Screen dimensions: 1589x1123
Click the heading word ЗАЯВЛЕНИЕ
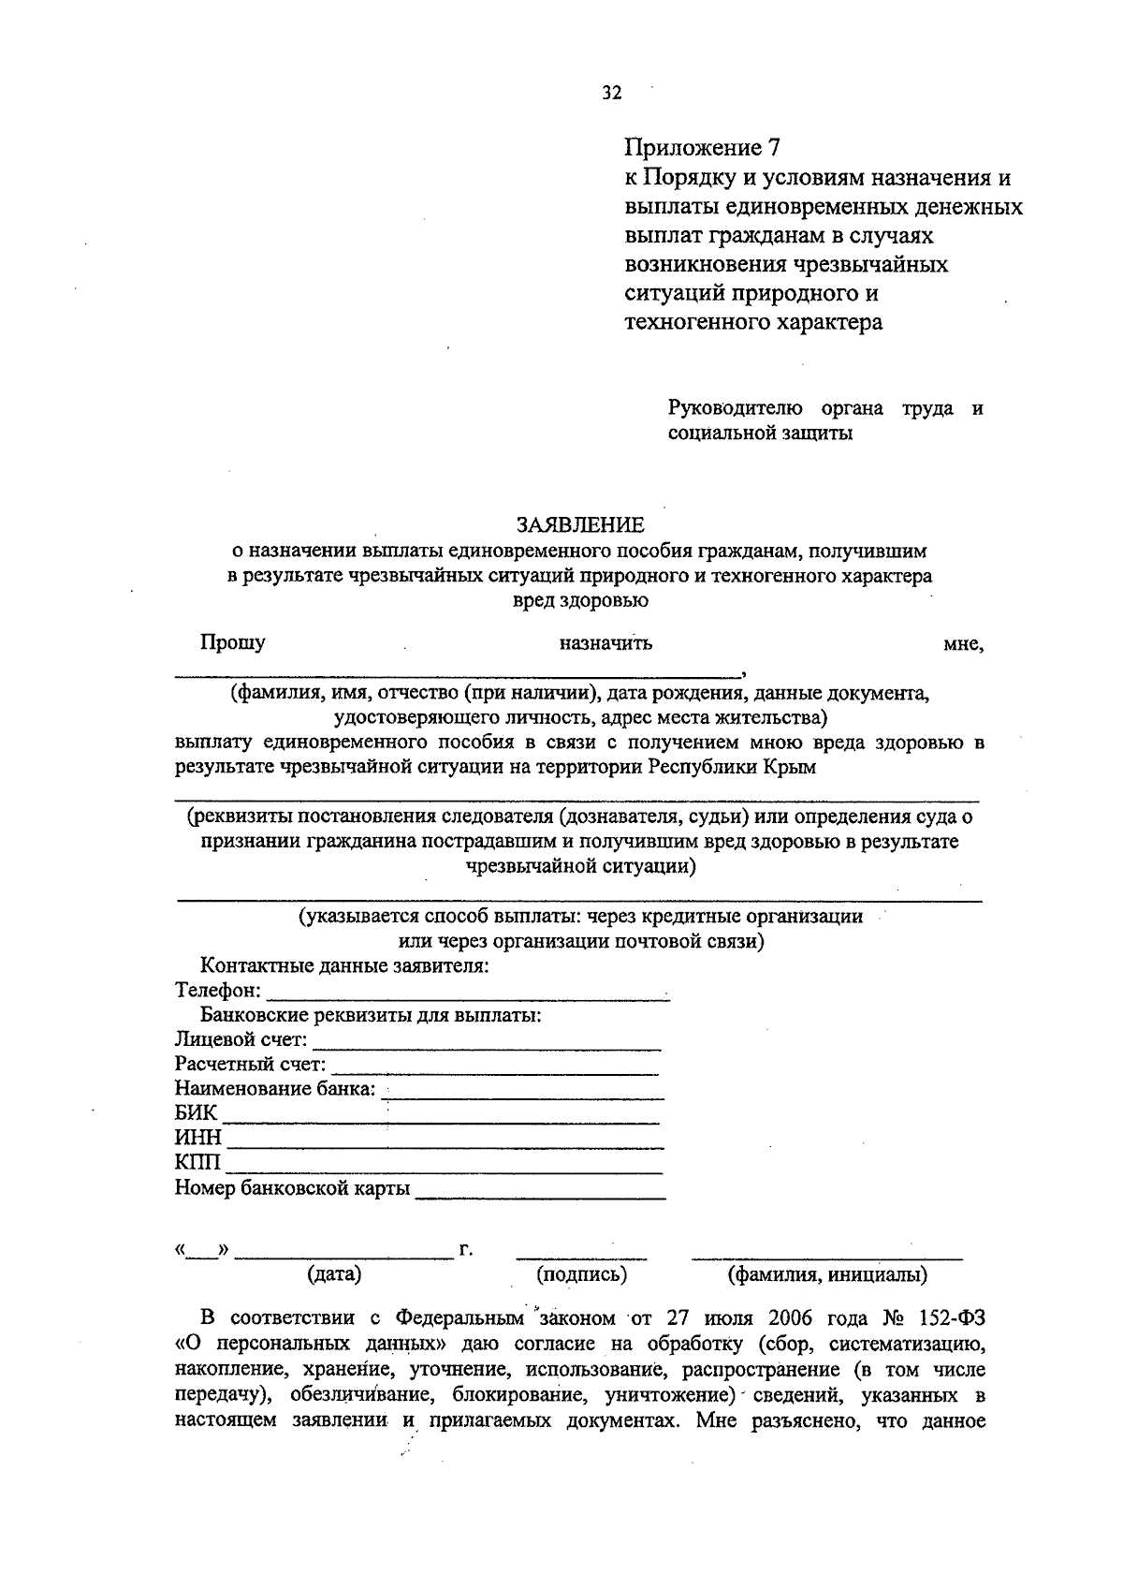[x=580, y=524]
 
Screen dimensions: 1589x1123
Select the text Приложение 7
[x=701, y=148]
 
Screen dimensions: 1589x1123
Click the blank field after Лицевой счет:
[x=487, y=1041]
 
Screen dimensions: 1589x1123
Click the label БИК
[x=196, y=1113]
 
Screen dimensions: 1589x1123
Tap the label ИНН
[x=197, y=1138]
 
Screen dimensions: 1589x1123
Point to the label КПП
[x=197, y=1163]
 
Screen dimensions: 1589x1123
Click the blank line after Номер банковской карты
[x=541, y=1190]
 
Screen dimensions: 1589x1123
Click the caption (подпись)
[x=581, y=1274]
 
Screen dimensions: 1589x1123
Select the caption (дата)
[x=334, y=1274]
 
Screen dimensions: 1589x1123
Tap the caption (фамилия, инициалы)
[x=827, y=1274]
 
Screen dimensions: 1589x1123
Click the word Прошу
[x=232, y=643]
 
